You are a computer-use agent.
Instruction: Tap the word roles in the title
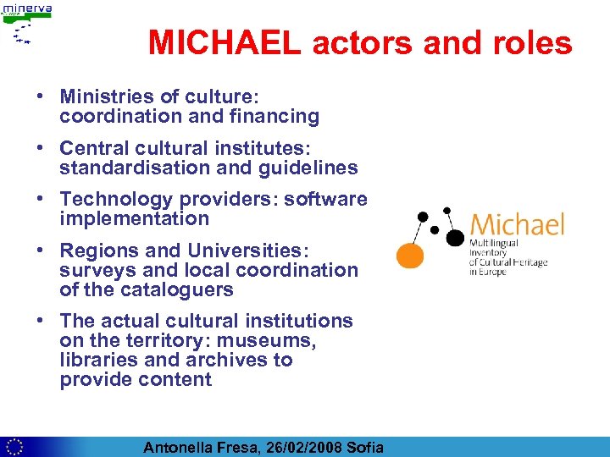530,43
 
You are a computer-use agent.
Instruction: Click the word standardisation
135,168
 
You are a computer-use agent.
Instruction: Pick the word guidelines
308,168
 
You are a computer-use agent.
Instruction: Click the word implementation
134,218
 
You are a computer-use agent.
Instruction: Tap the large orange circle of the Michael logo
411,255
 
